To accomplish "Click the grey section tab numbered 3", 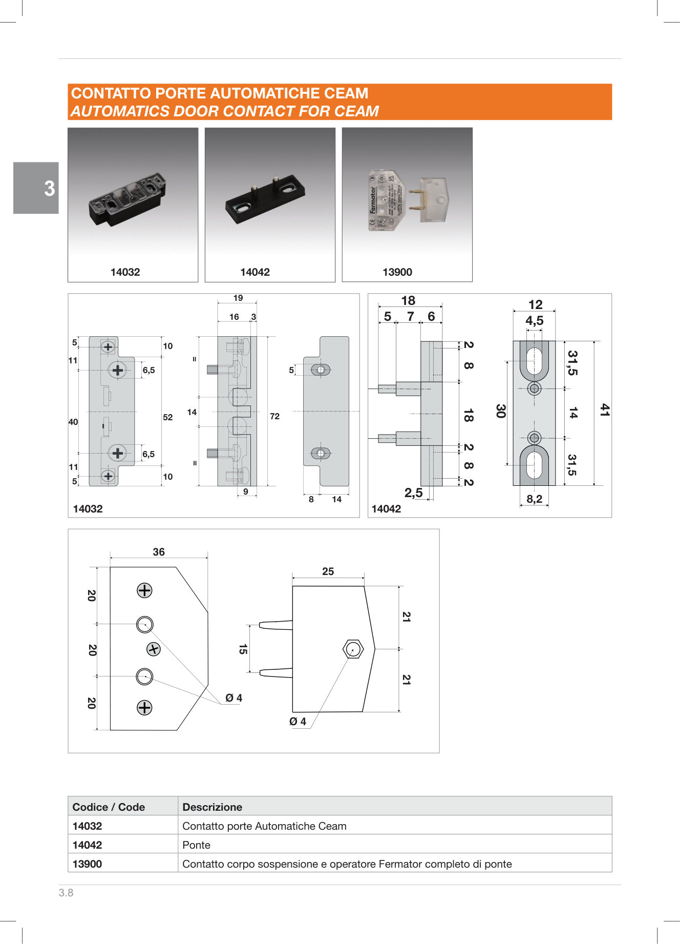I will tap(36, 188).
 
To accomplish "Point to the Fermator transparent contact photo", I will tap(407, 200).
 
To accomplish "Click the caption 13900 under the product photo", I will tap(397, 272).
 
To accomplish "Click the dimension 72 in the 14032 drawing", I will tap(274, 416).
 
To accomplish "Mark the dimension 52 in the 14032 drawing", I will tap(167, 417).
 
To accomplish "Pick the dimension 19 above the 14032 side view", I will tap(238, 298).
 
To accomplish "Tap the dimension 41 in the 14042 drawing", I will tap(605, 410).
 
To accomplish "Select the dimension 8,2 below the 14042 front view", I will tap(534, 499).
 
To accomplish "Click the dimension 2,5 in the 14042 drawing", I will tap(413, 493).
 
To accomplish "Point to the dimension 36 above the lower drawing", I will tap(159, 552).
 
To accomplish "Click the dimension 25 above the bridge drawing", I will tap(328, 571).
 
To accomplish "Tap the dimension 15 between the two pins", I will tap(243, 649).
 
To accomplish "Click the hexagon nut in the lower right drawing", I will tap(353, 649).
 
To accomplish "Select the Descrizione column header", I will tap(212, 807).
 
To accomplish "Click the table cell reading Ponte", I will tap(197, 845).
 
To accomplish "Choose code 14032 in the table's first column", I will tap(87, 826).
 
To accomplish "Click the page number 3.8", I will tap(66, 893).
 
